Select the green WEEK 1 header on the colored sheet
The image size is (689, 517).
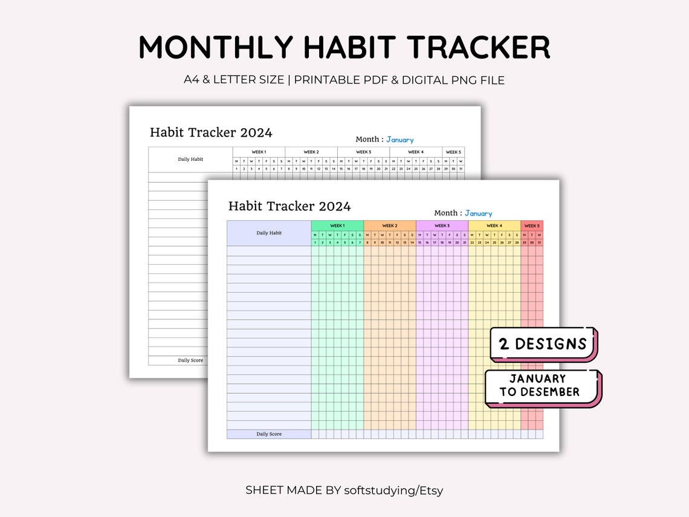pos(337,226)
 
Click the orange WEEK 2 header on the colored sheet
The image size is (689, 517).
pos(390,226)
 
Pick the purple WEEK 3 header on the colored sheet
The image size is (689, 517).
pos(442,226)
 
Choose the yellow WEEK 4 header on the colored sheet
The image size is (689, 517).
pos(494,226)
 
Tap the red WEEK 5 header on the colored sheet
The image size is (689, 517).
pos(532,226)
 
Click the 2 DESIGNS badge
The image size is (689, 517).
pos(543,344)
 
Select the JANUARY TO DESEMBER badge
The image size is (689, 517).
pos(539,386)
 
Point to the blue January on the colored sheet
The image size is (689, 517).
pos(478,213)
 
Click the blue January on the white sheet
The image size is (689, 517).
pos(400,140)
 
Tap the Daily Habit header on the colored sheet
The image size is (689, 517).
pos(269,233)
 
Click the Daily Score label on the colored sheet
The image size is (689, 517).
pos(269,434)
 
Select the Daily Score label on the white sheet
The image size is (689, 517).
pos(190,360)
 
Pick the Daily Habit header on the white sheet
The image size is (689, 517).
pos(190,159)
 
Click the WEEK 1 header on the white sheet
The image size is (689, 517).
pos(259,152)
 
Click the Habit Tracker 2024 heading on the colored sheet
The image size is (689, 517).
pos(290,206)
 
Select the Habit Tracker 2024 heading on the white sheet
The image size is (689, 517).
pos(211,132)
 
